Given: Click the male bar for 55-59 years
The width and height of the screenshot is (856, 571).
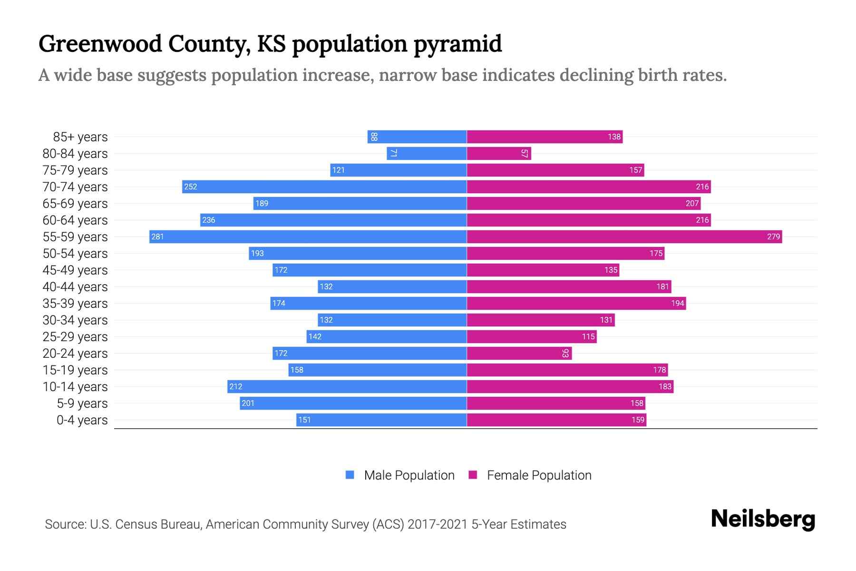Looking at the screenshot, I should (x=308, y=236).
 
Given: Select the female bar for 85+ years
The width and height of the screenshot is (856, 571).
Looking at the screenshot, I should (x=545, y=137).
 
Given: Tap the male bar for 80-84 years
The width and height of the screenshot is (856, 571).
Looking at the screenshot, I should (x=427, y=153).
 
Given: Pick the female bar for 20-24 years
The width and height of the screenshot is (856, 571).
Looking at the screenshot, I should (x=519, y=353).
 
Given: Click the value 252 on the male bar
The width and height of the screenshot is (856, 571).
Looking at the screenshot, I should (x=191, y=187).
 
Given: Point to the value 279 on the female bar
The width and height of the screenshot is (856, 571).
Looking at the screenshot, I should (x=773, y=236).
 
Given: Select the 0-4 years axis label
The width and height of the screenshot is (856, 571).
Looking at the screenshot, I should (x=82, y=420).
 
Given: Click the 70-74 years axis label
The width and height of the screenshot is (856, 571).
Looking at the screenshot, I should (x=75, y=187).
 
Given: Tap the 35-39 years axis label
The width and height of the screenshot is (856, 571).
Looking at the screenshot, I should (x=75, y=304).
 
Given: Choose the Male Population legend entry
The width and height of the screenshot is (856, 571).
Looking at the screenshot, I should (x=409, y=475).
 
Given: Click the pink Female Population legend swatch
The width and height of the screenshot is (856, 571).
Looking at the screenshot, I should (x=473, y=475).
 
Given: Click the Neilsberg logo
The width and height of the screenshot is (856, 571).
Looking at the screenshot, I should (x=763, y=519).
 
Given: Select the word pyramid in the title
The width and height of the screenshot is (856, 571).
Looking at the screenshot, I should (x=457, y=44).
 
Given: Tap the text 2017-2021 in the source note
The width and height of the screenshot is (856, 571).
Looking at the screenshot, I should (x=438, y=524).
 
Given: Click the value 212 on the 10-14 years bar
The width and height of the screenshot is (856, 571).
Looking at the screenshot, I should (x=236, y=386).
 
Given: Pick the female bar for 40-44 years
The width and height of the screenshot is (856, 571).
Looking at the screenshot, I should (x=569, y=286).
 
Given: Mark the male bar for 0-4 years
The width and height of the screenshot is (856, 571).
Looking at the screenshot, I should (x=381, y=420).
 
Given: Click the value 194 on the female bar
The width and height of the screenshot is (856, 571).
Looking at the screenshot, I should (x=677, y=303).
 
